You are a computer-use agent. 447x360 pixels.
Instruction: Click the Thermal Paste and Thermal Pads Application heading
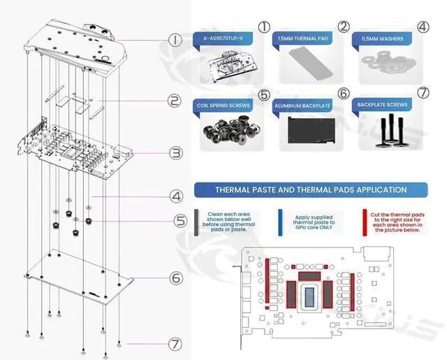tap(311, 189)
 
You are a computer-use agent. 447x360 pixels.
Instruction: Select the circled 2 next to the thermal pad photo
tap(344, 27)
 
